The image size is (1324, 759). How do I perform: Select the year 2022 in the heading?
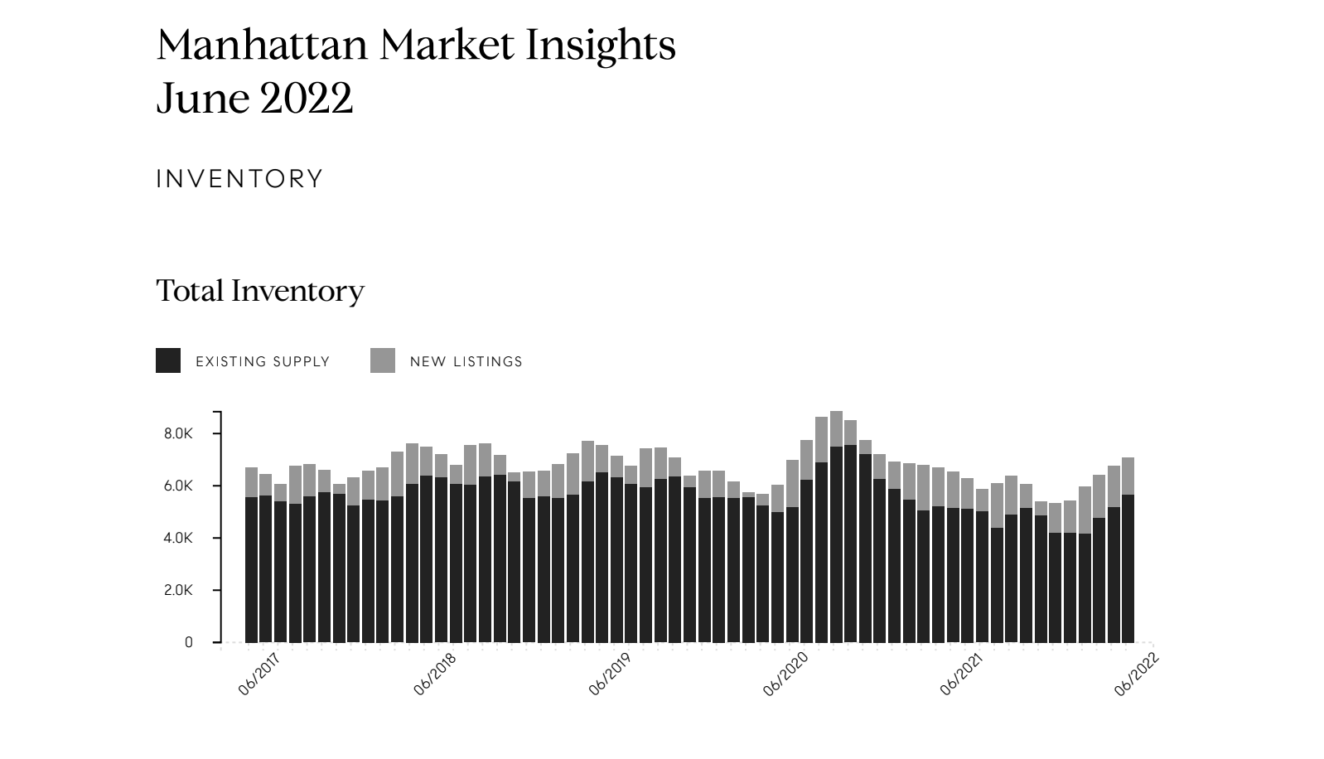coord(306,99)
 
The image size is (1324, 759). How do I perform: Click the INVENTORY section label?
coord(239,179)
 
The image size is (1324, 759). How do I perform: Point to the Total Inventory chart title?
coord(260,291)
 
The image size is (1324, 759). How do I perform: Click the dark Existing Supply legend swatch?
coord(168,360)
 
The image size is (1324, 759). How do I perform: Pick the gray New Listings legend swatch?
coord(383,360)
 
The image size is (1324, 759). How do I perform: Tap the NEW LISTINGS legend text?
coord(466,361)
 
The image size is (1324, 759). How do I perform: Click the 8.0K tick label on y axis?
coord(178,433)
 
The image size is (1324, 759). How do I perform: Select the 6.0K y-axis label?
coord(178,486)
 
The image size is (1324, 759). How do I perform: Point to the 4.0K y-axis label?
coord(178,538)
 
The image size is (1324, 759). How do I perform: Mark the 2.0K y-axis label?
coord(178,590)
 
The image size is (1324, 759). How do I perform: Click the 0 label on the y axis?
coord(189,642)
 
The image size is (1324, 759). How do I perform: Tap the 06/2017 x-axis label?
coord(259,674)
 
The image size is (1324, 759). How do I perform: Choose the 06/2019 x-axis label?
coord(609,674)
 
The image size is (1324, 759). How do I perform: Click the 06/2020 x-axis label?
coord(785,674)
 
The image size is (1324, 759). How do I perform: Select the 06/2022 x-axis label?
coord(1136,674)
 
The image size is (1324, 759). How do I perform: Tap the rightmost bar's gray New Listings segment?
coord(1128,476)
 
